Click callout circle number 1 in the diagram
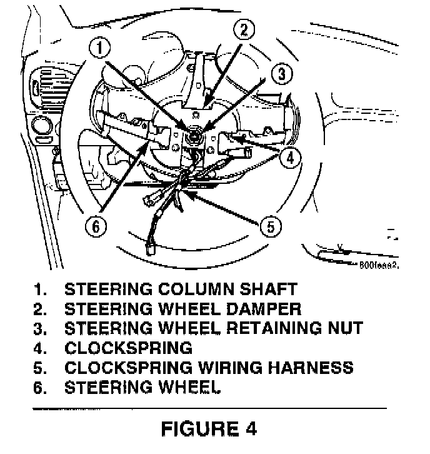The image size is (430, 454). [100, 47]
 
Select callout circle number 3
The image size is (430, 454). [282, 74]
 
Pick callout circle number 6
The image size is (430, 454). [95, 226]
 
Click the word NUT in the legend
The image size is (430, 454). [341, 328]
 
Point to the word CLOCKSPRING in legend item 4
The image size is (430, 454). [128, 348]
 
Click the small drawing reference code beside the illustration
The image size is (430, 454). [379, 265]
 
